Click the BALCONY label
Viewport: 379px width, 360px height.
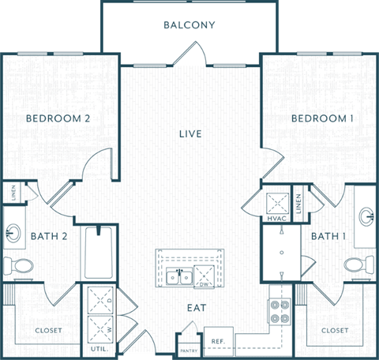point(189,24)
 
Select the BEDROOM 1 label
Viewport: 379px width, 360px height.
point(322,118)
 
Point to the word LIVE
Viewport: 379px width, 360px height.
point(190,134)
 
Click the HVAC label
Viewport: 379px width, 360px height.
point(276,218)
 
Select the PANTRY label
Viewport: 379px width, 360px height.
point(189,350)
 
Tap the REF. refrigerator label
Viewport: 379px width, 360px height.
point(217,342)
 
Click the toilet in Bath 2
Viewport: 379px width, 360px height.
point(17,264)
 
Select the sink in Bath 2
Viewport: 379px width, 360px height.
point(14,232)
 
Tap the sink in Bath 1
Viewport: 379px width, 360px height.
point(366,215)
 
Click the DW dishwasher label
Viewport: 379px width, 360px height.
point(204,283)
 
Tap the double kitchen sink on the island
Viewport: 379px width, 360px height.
point(177,276)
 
